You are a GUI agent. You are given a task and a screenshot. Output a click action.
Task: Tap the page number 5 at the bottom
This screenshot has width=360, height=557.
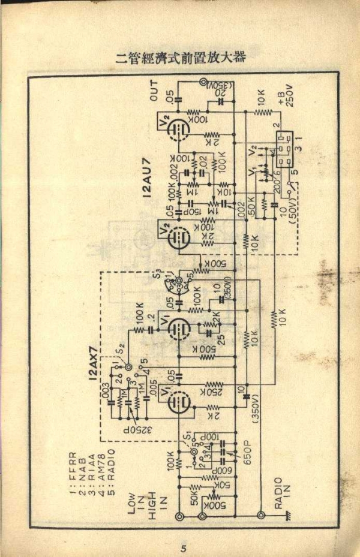point(184,548)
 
